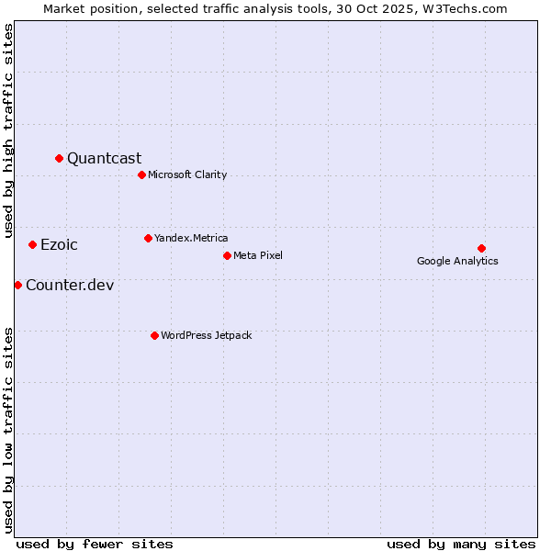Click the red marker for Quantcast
(60, 159)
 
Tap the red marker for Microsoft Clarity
(141, 174)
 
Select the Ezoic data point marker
(33, 244)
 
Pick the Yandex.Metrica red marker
(148, 238)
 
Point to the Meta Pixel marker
(227, 255)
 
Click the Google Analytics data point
(481, 248)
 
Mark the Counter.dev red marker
(17, 285)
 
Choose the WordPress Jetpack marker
(154, 335)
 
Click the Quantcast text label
(104, 159)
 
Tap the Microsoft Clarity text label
(187, 174)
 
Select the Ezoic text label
(59, 244)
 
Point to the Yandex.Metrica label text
(191, 238)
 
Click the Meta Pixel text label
(258, 255)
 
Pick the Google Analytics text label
(457, 261)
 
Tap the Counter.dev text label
(70, 285)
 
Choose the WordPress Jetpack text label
(206, 335)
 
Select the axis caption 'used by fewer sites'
(95, 544)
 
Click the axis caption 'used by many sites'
(461, 544)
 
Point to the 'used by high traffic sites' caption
(9, 130)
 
